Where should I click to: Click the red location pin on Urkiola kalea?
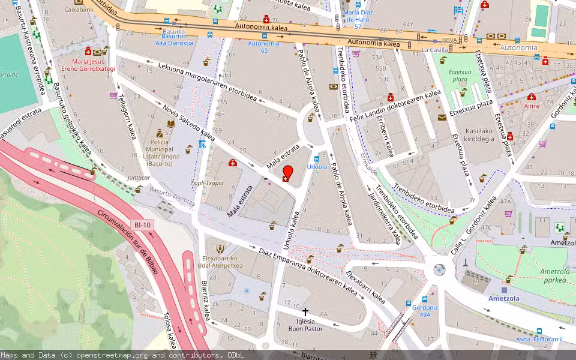click(x=287, y=172)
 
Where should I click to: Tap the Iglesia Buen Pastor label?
click(x=305, y=325)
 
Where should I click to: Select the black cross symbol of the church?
click(x=305, y=312)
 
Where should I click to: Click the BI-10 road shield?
click(x=143, y=225)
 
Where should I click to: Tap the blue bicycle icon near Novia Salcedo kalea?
click(x=202, y=143)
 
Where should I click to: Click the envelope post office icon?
click(x=442, y=117)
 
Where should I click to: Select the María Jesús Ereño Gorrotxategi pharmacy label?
click(x=93, y=65)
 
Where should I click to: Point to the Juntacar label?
click(x=139, y=178)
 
